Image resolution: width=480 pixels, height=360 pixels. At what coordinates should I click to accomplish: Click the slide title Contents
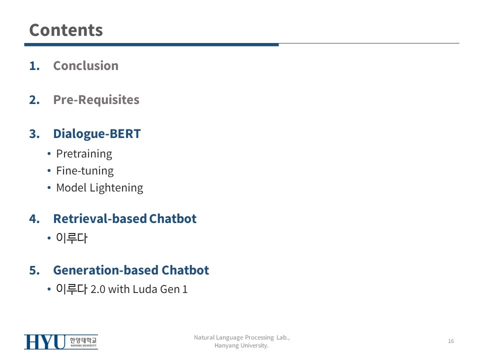(66, 30)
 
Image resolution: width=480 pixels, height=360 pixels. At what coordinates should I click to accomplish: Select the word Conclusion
(85, 65)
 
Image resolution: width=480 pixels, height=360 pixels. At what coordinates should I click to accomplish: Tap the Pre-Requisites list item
(96, 100)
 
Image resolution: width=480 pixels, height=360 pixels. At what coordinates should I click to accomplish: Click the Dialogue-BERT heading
(96, 134)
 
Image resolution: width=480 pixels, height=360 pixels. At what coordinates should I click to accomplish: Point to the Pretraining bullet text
(84, 154)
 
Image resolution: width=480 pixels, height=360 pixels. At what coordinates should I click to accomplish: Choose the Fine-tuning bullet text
(85, 171)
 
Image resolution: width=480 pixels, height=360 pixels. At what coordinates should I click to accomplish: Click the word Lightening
(116, 188)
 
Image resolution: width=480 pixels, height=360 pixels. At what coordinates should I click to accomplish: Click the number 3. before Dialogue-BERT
(34, 134)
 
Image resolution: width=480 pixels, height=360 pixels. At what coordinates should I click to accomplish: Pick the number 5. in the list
(34, 270)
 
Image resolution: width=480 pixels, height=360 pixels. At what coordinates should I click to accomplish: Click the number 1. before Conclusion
(34, 66)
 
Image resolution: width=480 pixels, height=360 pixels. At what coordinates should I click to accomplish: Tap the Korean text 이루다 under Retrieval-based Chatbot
(71, 238)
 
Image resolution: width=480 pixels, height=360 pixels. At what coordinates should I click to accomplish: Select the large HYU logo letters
(45, 342)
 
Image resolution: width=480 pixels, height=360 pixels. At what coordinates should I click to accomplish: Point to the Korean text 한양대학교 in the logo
(83, 340)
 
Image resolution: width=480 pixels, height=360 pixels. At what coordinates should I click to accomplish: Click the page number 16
(451, 341)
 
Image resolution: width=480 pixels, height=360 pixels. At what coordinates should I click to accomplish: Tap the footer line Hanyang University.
(241, 345)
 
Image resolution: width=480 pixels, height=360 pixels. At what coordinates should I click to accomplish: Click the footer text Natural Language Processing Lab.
(242, 337)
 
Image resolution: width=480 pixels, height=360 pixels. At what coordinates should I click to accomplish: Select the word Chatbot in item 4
(172, 218)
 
